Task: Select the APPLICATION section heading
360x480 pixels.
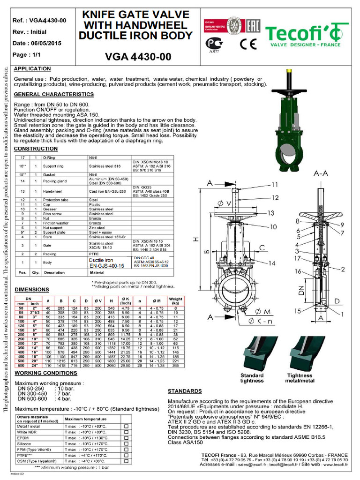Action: click(32, 69)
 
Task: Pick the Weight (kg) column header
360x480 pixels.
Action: click(175, 301)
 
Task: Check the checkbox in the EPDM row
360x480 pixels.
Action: click(126, 437)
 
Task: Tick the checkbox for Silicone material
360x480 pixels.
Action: click(126, 443)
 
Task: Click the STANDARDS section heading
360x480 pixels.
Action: click(185, 391)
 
